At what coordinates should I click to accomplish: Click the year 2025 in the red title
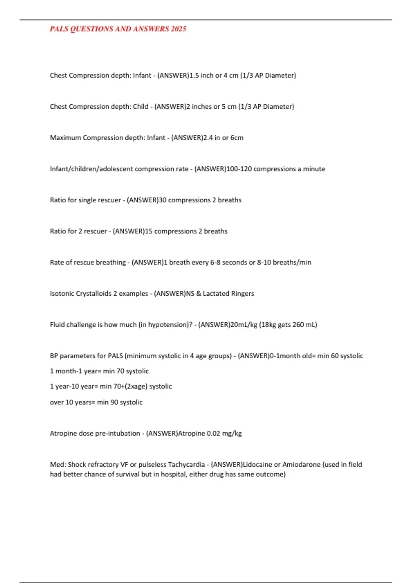[178, 29]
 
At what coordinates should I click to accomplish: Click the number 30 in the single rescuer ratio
[162, 200]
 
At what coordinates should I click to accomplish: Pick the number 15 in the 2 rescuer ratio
[148, 231]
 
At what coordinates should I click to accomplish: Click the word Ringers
[243, 294]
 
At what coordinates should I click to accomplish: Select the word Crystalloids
[94, 294]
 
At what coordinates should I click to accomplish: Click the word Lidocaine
[257, 465]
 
